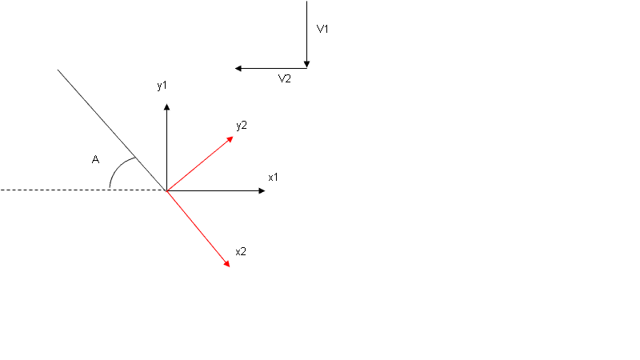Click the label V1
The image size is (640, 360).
coord(323,29)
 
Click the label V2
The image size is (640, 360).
coord(284,78)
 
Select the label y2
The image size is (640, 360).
coord(242,125)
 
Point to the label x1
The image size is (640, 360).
coord(273,176)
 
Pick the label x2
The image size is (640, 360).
coord(241,251)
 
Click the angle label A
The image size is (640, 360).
coord(95,160)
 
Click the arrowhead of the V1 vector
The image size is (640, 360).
coord(307,65)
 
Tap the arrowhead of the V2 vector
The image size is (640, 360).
coord(238,68)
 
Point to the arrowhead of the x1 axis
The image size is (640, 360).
coord(261,190)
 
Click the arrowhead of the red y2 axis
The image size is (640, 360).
coord(230,138)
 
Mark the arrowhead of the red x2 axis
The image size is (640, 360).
coord(226,263)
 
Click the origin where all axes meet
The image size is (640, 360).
coord(166,190)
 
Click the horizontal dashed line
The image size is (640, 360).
coord(56,190)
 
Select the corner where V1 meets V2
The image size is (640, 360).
coord(307,68)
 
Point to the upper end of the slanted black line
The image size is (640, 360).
coord(58,70)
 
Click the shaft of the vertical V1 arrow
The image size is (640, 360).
coord(307,32)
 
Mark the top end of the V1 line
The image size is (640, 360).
coord(307,2)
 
